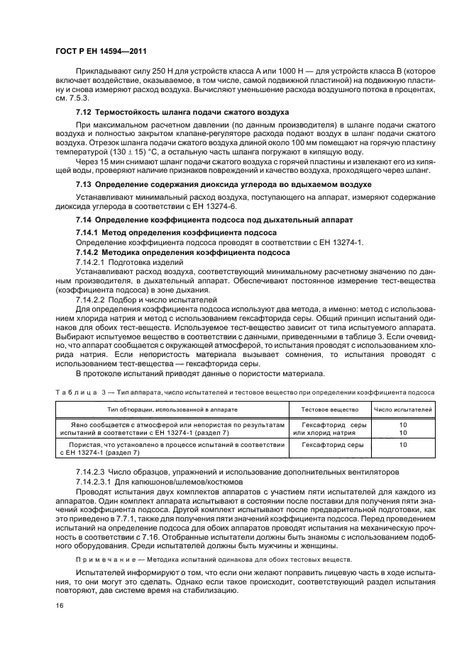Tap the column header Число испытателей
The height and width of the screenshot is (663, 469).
(x=402, y=409)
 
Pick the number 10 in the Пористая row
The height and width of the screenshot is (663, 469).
(x=403, y=445)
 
